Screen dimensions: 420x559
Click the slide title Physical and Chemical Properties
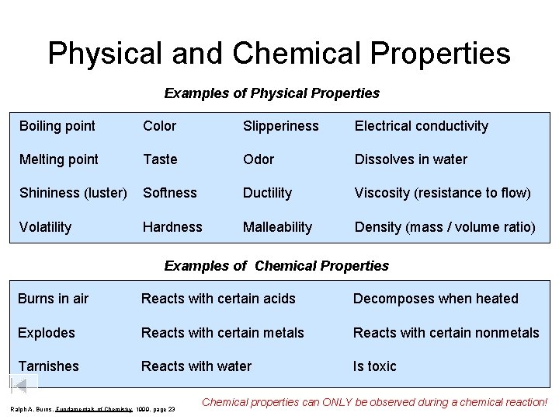coord(279,53)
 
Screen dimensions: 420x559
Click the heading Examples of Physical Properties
coord(272,93)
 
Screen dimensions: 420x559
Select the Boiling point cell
coord(57,126)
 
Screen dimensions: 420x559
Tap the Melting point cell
coord(58,159)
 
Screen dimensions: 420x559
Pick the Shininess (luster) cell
coord(73,193)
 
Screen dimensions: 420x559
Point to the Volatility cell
coord(45,227)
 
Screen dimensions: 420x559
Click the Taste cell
coord(160,159)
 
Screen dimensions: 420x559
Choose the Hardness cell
coord(172,227)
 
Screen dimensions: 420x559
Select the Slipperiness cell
coord(280,126)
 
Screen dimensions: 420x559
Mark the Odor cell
coord(259,159)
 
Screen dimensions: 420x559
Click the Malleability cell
coord(277,227)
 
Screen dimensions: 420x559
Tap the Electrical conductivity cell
coord(422,126)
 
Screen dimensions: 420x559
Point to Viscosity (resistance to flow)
coord(443,193)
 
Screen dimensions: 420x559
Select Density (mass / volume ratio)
coord(445,227)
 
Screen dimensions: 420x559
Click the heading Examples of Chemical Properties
coord(276,266)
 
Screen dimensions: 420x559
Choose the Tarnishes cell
coord(48,366)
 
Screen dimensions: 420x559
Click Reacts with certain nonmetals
coord(446,333)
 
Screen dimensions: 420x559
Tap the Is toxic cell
coord(374,366)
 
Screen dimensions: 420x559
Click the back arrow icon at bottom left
coord(23,387)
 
